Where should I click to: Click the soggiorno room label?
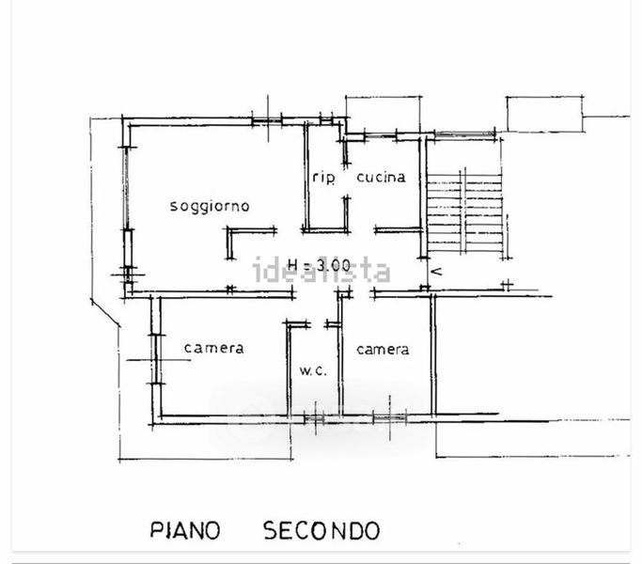pos(210,206)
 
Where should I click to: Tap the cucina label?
pos(381,177)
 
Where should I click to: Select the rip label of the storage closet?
pos(323,178)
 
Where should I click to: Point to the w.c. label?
pos(313,370)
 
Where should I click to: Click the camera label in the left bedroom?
pos(213,348)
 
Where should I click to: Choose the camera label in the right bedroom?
pos(383,350)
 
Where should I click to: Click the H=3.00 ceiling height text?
pos(319,265)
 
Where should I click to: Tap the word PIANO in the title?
pos(185,530)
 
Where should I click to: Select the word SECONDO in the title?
pos(321,530)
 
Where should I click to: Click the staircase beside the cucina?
pos(464,211)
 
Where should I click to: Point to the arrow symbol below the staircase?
pos(437,271)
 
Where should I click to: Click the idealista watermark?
pos(321,271)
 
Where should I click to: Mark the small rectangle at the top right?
pos(545,115)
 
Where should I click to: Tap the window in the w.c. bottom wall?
pos(315,419)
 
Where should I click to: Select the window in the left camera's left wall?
pos(156,359)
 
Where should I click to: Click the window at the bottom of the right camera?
pos(389,417)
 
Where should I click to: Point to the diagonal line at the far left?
pos(105,313)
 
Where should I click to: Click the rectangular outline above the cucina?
pos(384,115)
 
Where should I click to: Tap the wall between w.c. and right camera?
pos(340,354)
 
